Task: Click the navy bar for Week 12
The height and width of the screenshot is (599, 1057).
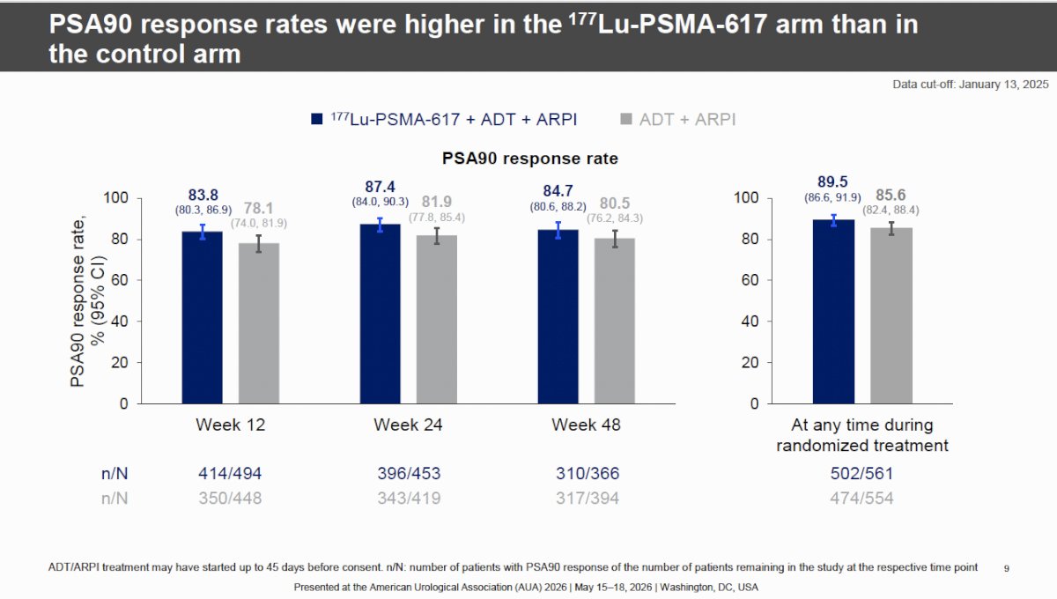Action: [x=203, y=318]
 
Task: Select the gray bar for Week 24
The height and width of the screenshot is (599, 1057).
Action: [x=437, y=320]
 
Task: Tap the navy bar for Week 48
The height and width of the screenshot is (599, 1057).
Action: [x=558, y=317]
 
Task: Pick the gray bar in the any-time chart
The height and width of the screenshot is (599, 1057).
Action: [x=891, y=315]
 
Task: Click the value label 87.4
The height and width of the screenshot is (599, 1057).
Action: [x=381, y=187]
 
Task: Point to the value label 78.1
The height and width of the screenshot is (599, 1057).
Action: [x=259, y=208]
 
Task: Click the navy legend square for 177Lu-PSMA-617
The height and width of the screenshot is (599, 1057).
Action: [x=316, y=119]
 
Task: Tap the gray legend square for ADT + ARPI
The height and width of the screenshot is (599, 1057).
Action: [x=625, y=119]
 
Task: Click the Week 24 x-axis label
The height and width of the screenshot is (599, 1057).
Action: [x=408, y=425]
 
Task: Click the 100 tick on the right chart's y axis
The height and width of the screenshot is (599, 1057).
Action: [x=746, y=198]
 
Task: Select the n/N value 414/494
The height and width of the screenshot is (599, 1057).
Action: [x=230, y=473]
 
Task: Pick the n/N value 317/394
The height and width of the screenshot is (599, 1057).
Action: [x=588, y=498]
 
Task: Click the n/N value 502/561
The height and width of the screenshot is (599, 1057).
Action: [x=862, y=473]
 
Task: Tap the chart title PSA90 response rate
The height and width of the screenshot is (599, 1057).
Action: [x=530, y=159]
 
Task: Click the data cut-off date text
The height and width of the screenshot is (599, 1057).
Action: [x=971, y=85]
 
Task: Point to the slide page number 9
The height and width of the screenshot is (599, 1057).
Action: [x=1007, y=569]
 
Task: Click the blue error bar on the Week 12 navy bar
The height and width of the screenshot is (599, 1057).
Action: [x=203, y=232]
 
